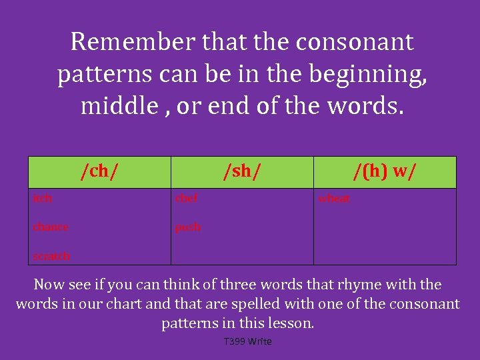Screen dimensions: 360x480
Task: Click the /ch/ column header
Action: pos(99,172)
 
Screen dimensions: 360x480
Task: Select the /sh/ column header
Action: pos(242,172)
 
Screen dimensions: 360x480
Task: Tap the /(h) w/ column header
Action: pos(385,172)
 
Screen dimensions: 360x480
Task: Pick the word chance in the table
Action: pos(51,227)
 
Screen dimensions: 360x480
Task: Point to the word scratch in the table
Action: pos(51,255)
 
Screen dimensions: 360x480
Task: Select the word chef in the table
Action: pos(186,198)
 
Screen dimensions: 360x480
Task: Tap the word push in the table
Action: pos(187,227)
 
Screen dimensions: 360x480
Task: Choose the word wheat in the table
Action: pos(334,198)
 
